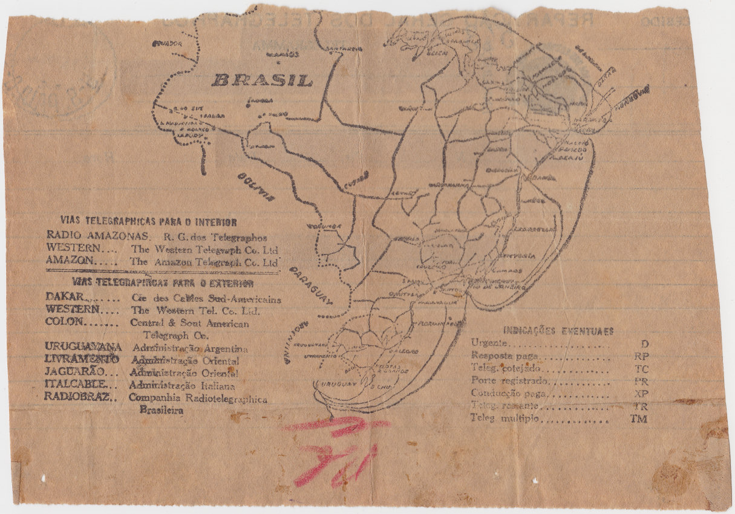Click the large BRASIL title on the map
click(x=263, y=80)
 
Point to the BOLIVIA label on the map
click(x=254, y=184)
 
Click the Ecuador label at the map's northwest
click(x=168, y=44)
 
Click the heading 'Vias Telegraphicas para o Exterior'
click(x=162, y=282)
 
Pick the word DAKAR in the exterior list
click(x=65, y=298)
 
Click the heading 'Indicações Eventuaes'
click(x=558, y=331)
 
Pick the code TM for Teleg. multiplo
click(x=639, y=418)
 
